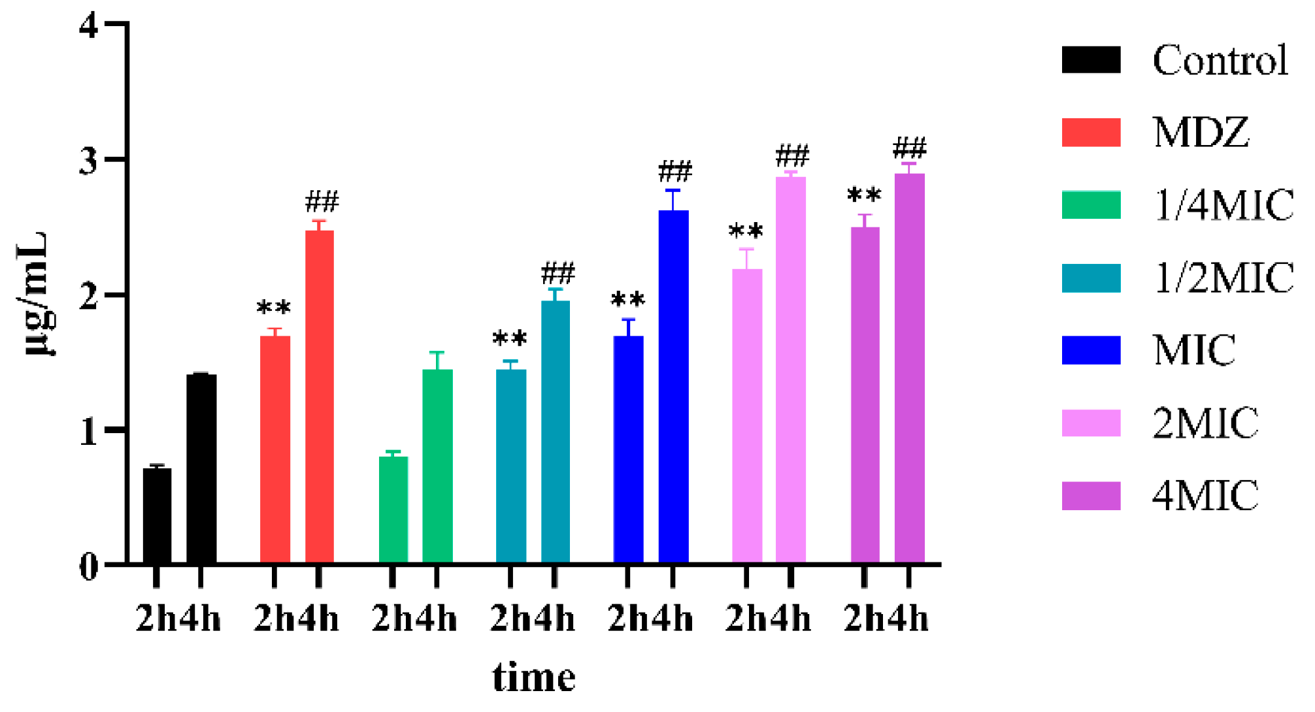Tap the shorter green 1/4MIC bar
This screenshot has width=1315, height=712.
click(x=393, y=509)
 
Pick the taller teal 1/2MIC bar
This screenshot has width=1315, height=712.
click(x=556, y=431)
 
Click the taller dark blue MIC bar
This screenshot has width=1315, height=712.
click(x=673, y=385)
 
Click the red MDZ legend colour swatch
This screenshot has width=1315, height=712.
click(x=1091, y=132)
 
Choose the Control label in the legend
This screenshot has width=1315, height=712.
click(x=1220, y=60)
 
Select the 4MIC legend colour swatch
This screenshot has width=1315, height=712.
click(x=1091, y=496)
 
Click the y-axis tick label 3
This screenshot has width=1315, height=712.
click(x=89, y=160)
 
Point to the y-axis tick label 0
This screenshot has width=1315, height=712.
click(x=89, y=566)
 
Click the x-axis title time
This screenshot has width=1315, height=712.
click(x=533, y=677)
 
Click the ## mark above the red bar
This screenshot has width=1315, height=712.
click(x=322, y=202)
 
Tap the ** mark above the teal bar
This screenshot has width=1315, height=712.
click(x=510, y=338)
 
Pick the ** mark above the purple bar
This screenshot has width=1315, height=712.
click(x=864, y=195)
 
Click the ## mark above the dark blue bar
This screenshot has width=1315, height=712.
click(x=674, y=172)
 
